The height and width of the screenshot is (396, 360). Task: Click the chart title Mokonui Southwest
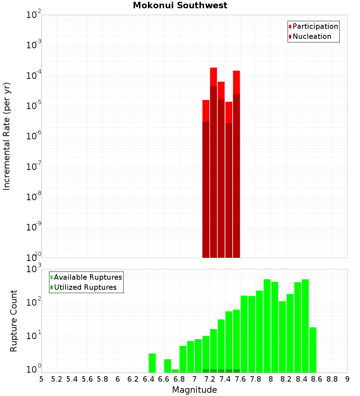point(180,5)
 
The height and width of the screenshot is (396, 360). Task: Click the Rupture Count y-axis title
point(14,320)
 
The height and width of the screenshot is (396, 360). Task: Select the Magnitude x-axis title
point(194,390)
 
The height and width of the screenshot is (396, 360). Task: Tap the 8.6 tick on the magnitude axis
point(317,379)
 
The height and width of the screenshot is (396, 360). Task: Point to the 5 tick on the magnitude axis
point(41,379)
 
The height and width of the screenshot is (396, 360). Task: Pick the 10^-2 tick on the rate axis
point(34,15)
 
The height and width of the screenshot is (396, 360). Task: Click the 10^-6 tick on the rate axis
point(34,136)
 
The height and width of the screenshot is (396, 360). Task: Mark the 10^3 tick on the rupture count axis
point(34,269)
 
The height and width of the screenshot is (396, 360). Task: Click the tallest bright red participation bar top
point(213,68)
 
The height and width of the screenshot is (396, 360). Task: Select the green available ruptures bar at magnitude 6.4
point(152,363)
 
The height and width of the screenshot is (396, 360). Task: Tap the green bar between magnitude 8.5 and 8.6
point(313,350)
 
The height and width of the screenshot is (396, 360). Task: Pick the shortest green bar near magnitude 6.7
point(175,371)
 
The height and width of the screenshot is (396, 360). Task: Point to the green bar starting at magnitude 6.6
point(167,366)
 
